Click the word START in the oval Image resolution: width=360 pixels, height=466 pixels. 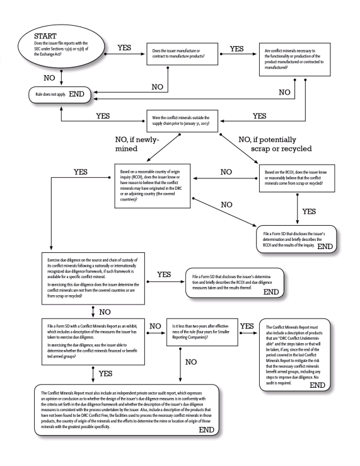[x=45, y=36]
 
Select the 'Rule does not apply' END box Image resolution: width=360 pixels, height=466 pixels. [x=60, y=95]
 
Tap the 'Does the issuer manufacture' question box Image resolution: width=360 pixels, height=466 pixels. [x=182, y=54]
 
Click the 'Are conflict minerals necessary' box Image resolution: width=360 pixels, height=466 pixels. [x=294, y=59]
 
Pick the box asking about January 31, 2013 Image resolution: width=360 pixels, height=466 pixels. [x=182, y=121]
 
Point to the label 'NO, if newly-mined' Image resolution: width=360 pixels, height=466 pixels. [x=137, y=144]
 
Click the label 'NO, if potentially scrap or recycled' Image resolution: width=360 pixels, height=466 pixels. [x=275, y=144]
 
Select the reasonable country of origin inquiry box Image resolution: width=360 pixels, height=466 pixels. [x=153, y=186]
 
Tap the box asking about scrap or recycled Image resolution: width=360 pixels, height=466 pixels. [x=297, y=178]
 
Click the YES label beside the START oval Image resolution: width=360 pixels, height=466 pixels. [x=124, y=48]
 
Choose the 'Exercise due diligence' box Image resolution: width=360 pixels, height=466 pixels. [x=93, y=279]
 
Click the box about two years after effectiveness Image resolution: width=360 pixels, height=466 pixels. [x=202, y=332]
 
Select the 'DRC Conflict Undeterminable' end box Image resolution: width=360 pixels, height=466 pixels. [x=294, y=355]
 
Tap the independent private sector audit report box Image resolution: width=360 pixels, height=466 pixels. [x=127, y=410]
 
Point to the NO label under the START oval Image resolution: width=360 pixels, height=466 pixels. [x=49, y=78]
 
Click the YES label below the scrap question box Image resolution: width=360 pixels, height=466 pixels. [x=309, y=212]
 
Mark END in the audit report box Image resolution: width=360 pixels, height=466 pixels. [x=206, y=430]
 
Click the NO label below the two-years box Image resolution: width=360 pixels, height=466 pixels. [x=191, y=362]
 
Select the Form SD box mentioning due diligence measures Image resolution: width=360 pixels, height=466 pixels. [x=235, y=283]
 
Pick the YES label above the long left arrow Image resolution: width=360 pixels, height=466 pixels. [x=81, y=172]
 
